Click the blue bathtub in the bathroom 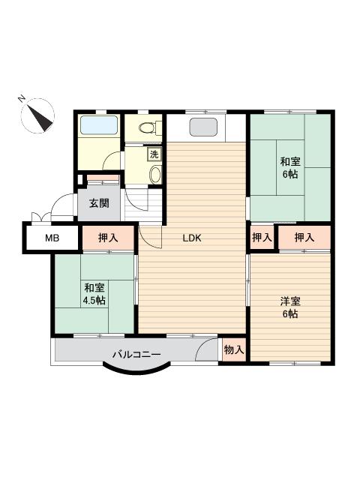pos(99,124)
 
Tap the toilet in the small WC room pos(150,127)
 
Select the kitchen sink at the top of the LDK pos(203,127)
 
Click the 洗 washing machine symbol pos(154,154)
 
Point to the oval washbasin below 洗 pos(155,175)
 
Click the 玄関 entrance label pos(99,203)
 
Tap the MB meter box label pos(52,238)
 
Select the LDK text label pos(192,238)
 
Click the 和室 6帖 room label pos(290,167)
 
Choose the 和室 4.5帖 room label pos(94,294)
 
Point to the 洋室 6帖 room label pos(290,307)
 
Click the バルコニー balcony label pos(136,355)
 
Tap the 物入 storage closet pos(234,349)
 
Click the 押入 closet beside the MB pos(108,238)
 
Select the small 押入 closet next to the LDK pos(262,237)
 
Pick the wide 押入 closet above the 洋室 pos(304,237)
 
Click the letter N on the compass pos(22,98)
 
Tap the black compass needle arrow pos(40,118)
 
